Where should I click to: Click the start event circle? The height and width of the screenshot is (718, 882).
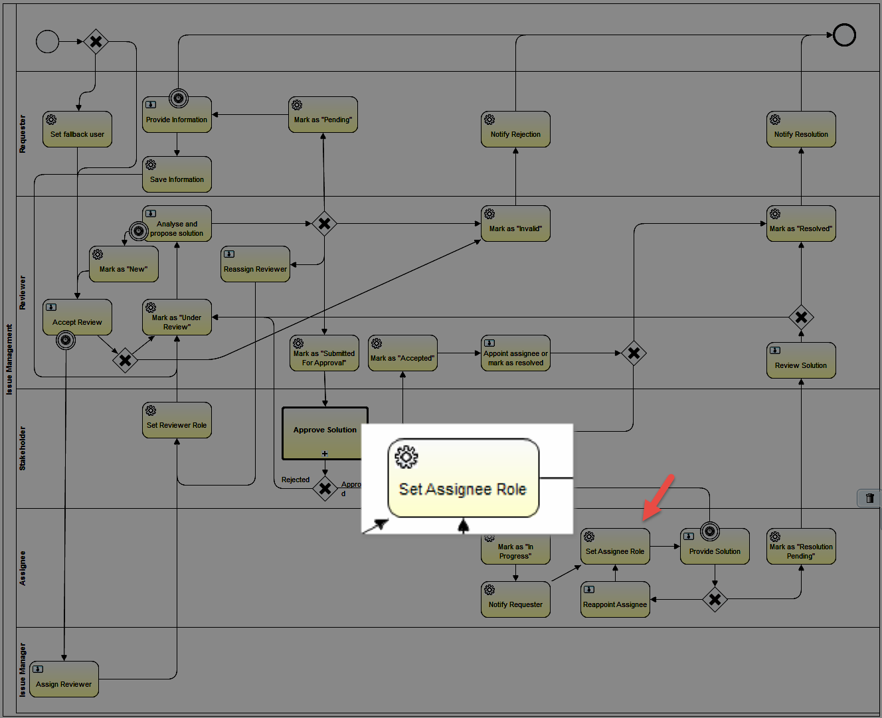click(48, 41)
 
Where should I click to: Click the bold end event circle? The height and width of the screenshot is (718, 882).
click(844, 35)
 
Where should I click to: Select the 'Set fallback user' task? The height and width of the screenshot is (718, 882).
click(78, 130)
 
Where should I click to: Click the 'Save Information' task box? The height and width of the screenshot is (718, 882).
click(177, 174)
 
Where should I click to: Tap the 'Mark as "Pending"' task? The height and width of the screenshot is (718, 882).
click(323, 115)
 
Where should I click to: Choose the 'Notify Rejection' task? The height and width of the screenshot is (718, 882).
click(515, 130)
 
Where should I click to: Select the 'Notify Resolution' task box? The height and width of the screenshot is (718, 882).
click(801, 130)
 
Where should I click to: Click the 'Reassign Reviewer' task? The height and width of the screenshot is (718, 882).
click(256, 264)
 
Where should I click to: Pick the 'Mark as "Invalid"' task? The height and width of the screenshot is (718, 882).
click(515, 224)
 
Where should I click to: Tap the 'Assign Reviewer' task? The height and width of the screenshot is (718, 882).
click(64, 679)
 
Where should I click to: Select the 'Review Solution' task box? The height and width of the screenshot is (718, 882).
click(801, 360)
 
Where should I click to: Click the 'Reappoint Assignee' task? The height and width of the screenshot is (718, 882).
click(615, 600)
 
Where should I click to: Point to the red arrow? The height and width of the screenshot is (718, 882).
click(658, 497)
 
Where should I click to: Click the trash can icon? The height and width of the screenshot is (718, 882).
click(869, 498)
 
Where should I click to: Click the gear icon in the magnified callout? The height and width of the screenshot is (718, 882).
click(406, 457)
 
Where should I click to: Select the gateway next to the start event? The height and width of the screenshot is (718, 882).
click(96, 41)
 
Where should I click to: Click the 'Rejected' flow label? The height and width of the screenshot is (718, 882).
click(296, 480)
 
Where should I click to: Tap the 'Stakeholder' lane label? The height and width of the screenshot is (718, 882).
click(23, 448)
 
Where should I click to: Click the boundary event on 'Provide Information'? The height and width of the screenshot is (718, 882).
click(179, 98)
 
